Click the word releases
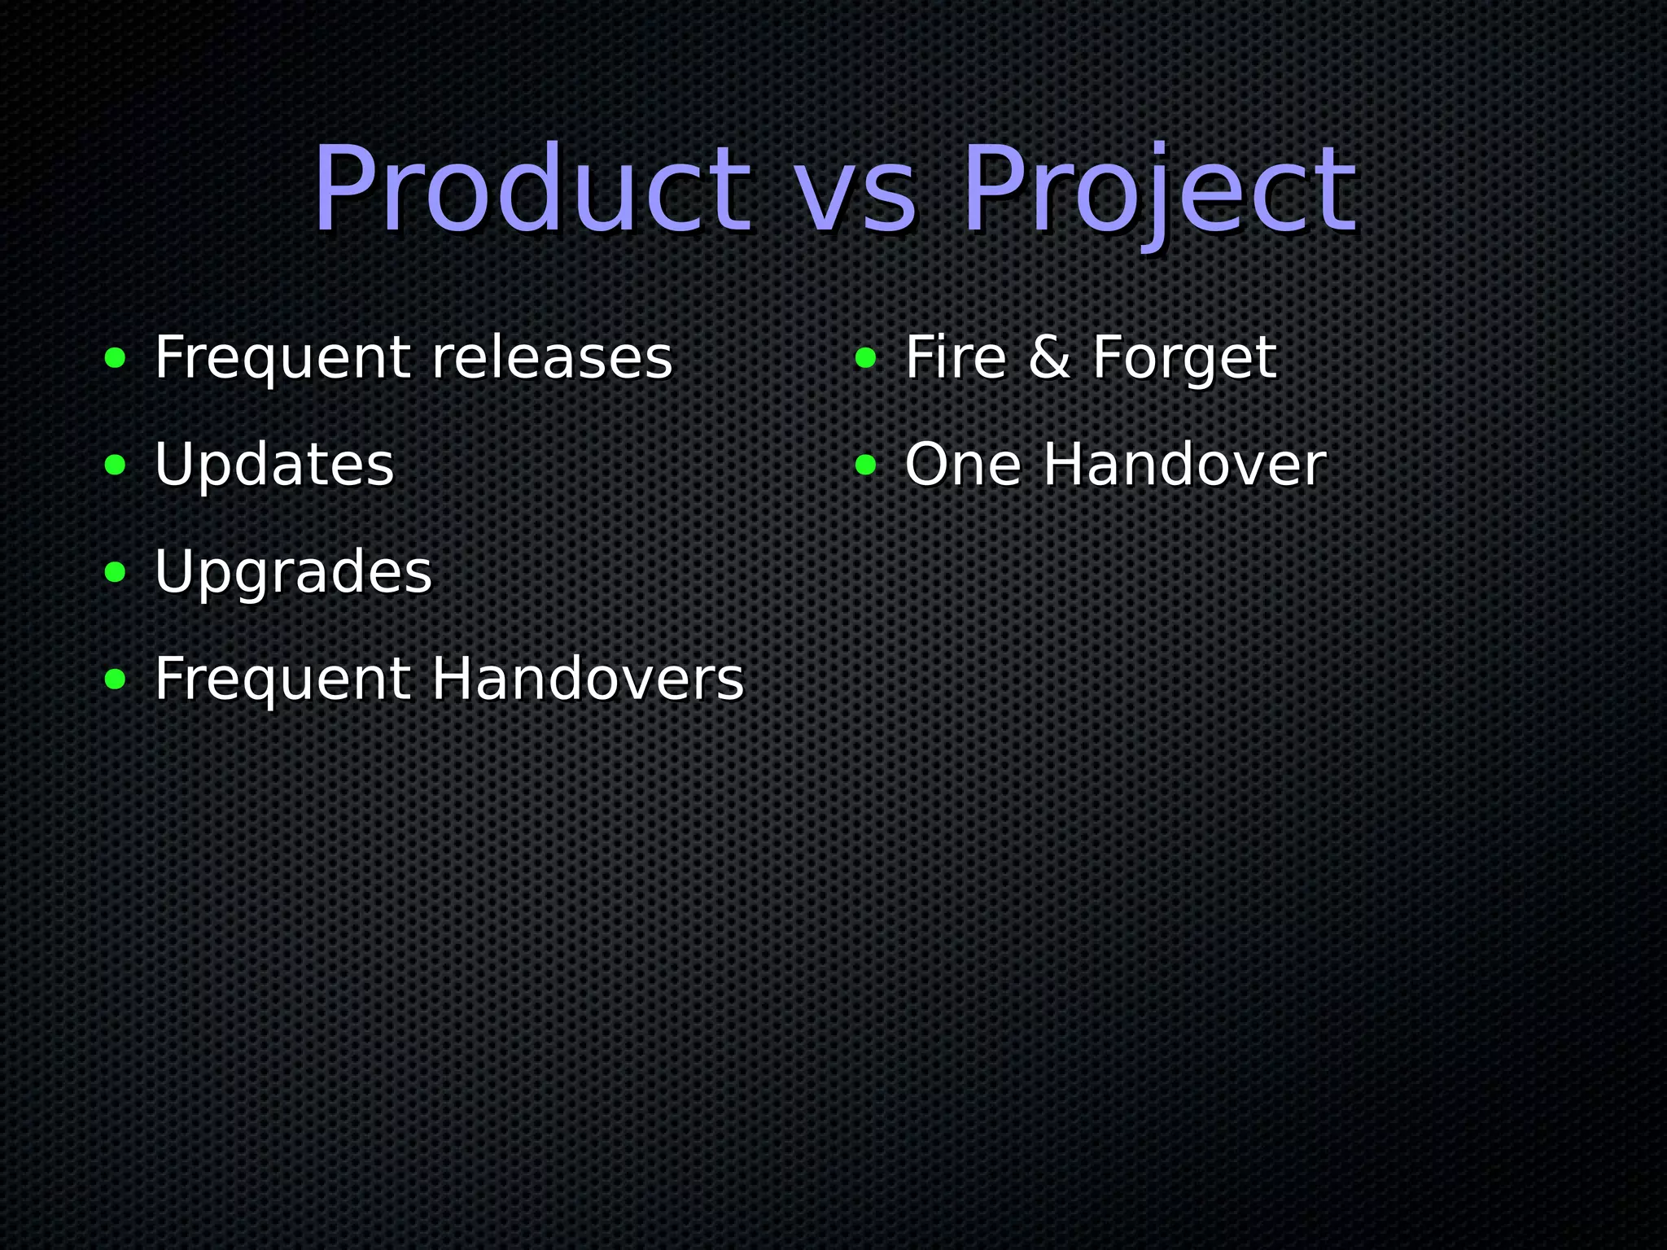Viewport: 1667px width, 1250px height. (x=552, y=358)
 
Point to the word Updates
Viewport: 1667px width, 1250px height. (x=274, y=465)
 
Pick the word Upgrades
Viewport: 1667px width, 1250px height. (x=293, y=574)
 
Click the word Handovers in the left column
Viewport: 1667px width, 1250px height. (x=588, y=680)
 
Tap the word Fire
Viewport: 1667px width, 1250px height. (x=956, y=358)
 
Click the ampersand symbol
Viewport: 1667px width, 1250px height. (x=1049, y=358)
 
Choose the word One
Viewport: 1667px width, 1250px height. (x=963, y=465)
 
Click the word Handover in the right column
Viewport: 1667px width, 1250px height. (x=1184, y=465)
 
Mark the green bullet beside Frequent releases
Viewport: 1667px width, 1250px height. (x=116, y=358)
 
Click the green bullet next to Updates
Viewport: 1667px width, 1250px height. (x=116, y=465)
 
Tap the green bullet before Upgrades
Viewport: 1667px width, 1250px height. (x=116, y=573)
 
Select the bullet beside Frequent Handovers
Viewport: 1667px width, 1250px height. (x=116, y=680)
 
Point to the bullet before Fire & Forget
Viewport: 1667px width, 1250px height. (x=865, y=358)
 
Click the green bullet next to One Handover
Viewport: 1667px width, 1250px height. (x=865, y=465)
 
